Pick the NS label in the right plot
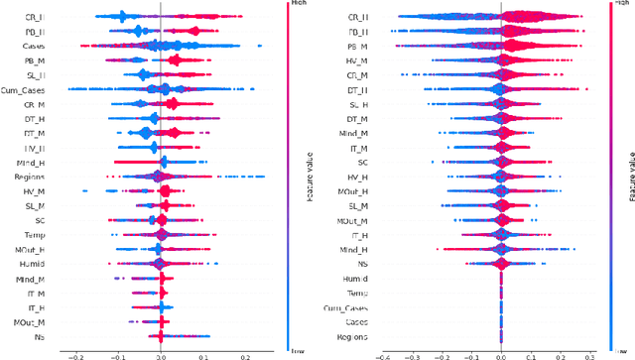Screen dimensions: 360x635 click(x=363, y=265)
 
